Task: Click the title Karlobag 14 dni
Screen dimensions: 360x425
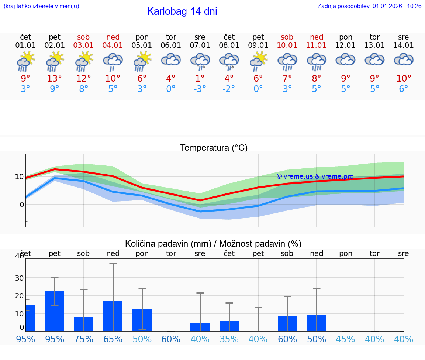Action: point(182,11)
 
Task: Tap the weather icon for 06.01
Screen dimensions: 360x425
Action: point(171,60)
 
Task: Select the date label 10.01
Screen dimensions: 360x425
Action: point(287,45)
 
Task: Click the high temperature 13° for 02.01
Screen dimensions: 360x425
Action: point(55,78)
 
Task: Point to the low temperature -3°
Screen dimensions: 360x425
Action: point(200,89)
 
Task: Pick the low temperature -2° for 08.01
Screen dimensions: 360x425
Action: point(229,89)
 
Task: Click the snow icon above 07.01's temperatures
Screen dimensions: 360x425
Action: point(200,61)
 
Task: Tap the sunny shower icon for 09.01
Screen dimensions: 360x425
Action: point(258,61)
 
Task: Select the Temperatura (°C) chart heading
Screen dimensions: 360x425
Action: point(214,148)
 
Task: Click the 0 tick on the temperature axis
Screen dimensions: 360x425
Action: point(21,205)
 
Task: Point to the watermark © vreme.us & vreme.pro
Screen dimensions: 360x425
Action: point(315,176)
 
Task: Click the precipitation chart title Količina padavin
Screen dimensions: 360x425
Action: point(213,244)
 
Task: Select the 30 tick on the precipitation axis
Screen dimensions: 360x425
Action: point(19,278)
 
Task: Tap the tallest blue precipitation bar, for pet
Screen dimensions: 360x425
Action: point(55,311)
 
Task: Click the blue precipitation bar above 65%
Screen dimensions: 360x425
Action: point(113,316)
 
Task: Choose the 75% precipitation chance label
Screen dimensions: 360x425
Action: point(84,339)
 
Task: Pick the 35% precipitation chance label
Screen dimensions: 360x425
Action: point(229,339)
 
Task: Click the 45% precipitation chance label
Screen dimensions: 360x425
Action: point(345,339)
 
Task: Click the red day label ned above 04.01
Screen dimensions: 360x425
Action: point(113,37)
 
